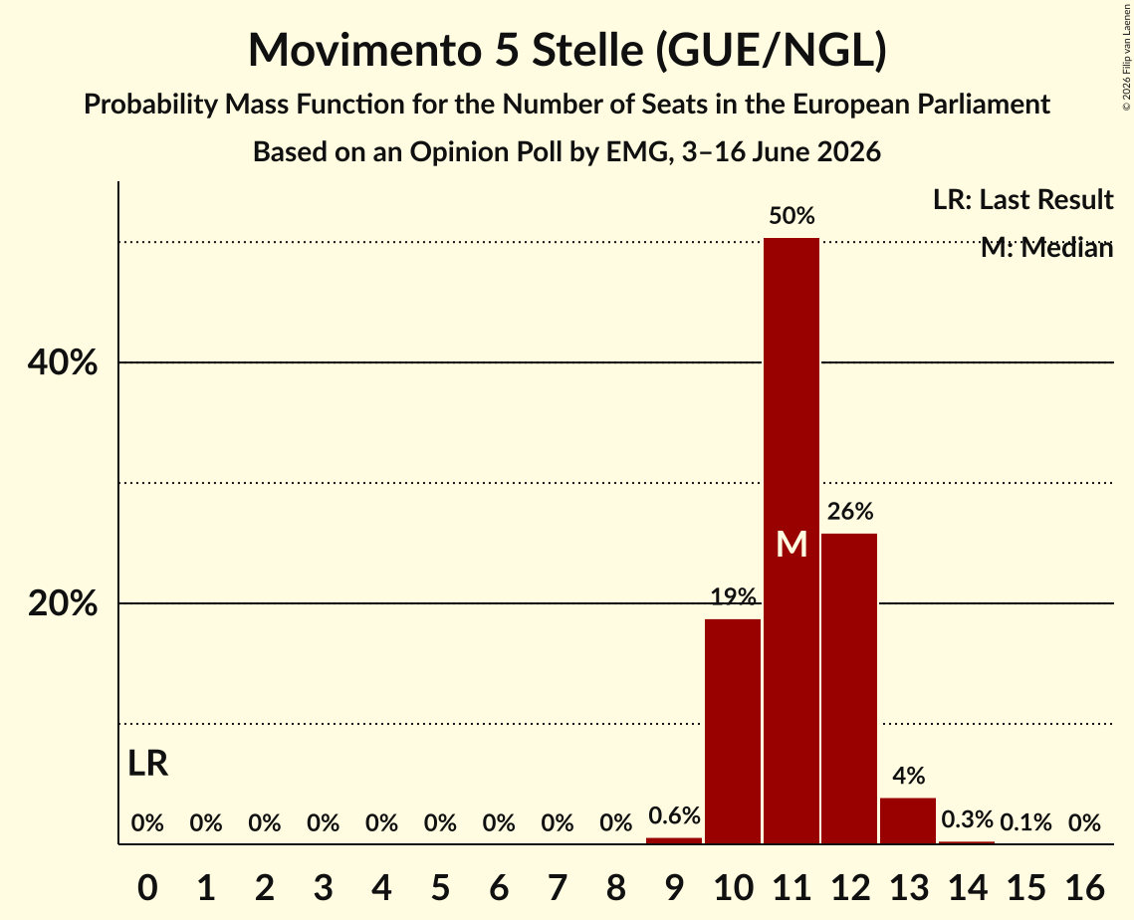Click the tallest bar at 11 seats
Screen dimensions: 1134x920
click(x=792, y=541)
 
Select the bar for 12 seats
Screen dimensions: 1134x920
click(x=850, y=689)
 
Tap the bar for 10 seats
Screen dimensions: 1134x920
click(x=733, y=731)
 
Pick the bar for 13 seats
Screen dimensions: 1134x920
click(x=908, y=820)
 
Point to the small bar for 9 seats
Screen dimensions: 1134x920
click(x=674, y=840)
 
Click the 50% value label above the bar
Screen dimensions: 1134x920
click(x=792, y=215)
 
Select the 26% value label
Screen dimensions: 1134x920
click(x=850, y=512)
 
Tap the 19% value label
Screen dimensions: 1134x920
click(x=733, y=596)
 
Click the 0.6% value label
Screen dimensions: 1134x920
click(x=674, y=815)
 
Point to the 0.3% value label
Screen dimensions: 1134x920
click(x=967, y=819)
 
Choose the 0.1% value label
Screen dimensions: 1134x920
click(x=1025, y=822)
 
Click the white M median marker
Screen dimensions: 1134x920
click(x=792, y=544)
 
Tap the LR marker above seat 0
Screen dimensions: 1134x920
click(x=147, y=764)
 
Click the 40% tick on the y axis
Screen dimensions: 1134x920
click(x=62, y=362)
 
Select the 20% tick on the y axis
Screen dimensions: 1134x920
click(x=62, y=603)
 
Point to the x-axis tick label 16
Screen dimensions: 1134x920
click(x=1084, y=887)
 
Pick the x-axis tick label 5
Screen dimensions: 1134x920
click(x=440, y=887)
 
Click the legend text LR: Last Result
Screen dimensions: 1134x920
click(x=1022, y=199)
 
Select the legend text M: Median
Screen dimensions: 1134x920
click(x=1046, y=248)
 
